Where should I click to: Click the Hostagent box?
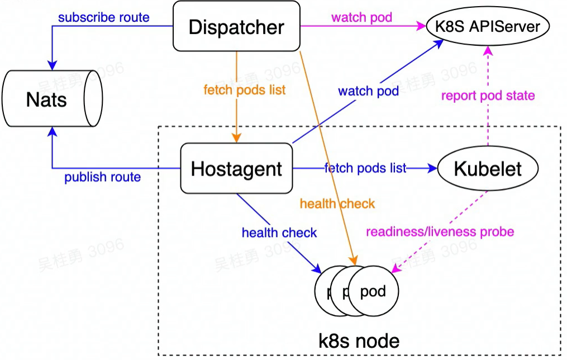point(236,168)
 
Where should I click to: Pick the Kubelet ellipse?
point(488,168)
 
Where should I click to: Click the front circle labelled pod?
point(373,292)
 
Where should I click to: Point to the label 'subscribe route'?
point(104,17)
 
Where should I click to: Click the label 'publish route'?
point(102,178)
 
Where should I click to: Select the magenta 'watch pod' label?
point(361,17)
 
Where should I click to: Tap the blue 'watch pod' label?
point(368,91)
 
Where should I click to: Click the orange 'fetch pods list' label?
point(245,90)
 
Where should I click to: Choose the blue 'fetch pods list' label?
point(365,168)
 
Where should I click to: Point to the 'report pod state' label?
point(488,96)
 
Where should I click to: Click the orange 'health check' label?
point(337,204)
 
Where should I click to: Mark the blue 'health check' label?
point(279,233)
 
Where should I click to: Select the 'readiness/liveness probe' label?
point(440,231)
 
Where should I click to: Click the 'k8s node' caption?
point(359,340)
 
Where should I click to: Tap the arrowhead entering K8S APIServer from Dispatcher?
point(420,26)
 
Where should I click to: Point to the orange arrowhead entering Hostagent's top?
point(237,139)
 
